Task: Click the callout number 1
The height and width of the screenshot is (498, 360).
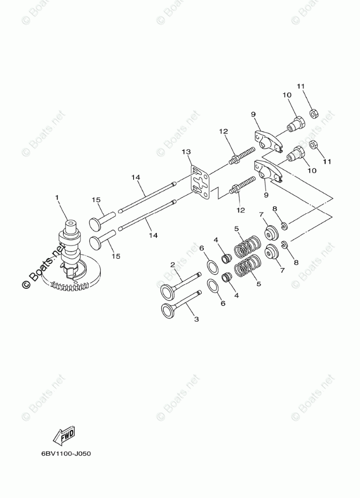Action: [57, 198]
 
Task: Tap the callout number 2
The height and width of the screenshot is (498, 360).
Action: [172, 265]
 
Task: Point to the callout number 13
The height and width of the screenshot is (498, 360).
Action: [187, 152]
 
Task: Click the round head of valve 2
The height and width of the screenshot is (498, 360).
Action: [167, 291]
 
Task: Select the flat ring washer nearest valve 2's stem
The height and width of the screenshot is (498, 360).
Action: [214, 265]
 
